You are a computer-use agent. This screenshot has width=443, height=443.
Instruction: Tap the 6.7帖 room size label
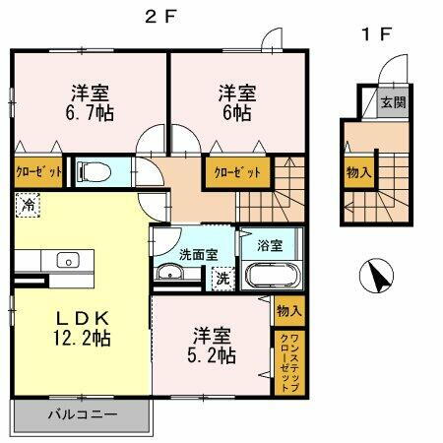pos(88,111)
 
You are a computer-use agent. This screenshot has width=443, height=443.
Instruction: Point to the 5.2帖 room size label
pos(213,355)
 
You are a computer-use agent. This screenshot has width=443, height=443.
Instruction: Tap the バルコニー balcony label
pos(83,414)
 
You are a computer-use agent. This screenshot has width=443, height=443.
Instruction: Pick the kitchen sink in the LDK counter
pos(68,260)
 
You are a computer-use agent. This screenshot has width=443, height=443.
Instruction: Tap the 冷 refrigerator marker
pos(27,206)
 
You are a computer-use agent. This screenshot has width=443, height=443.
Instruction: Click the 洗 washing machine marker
pos(225,278)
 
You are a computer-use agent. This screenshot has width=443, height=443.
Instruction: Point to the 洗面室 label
pos(197,255)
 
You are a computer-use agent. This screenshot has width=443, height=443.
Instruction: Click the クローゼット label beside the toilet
pos(38,170)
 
